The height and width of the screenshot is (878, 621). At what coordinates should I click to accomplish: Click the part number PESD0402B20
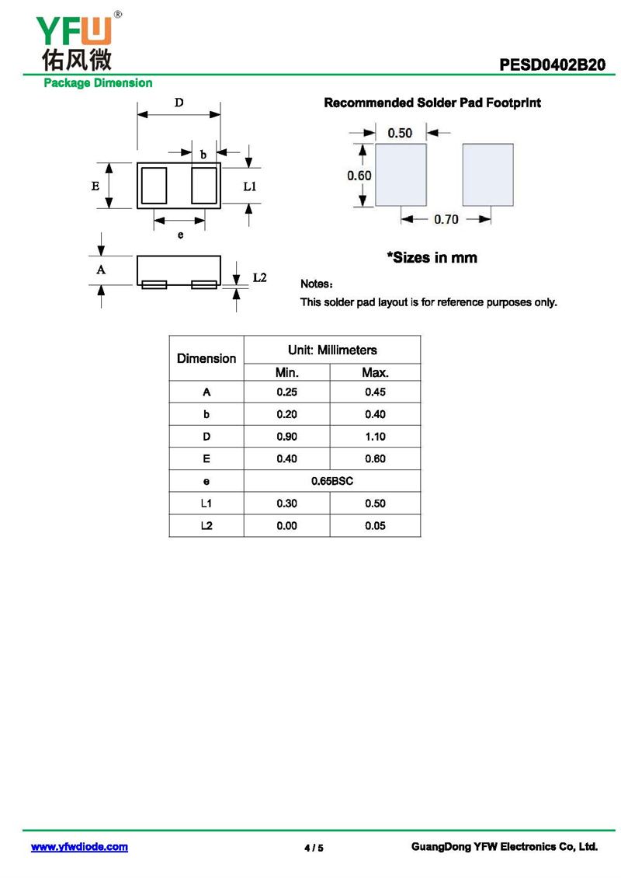click(552, 65)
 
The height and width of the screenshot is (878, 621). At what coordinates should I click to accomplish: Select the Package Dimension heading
click(97, 83)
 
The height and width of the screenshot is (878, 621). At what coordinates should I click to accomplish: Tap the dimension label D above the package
click(179, 102)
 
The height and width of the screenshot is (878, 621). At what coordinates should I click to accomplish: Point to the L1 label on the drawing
click(250, 186)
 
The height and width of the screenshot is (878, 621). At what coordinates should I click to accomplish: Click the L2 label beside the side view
click(260, 278)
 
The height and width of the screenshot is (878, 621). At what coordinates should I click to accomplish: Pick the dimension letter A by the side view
click(100, 270)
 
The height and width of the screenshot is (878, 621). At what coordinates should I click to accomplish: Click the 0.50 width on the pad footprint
click(400, 133)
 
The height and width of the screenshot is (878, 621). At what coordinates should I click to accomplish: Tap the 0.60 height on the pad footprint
click(359, 176)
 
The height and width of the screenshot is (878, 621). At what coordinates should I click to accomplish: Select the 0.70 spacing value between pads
click(446, 220)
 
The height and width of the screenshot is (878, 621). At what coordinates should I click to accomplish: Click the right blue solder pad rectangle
click(488, 175)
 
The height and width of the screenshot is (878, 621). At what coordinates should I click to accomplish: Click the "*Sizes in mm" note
click(432, 257)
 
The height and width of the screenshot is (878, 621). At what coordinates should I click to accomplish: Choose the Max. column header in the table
click(375, 373)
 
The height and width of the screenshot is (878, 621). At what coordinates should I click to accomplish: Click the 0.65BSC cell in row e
click(332, 481)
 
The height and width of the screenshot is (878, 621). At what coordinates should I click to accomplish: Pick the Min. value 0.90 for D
click(286, 437)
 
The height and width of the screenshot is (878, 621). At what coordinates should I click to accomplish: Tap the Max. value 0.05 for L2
click(375, 526)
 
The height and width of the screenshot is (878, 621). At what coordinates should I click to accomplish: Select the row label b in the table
click(206, 414)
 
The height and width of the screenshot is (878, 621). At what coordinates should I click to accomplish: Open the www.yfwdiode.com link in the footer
click(79, 847)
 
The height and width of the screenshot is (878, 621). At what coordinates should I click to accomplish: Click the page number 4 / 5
click(314, 848)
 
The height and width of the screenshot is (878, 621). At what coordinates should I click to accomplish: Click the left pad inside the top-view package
click(154, 186)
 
